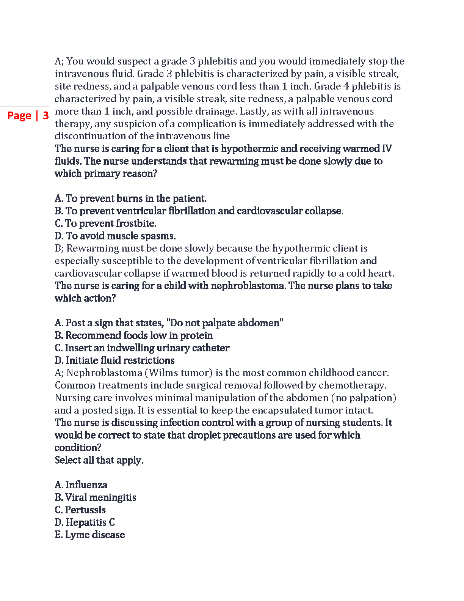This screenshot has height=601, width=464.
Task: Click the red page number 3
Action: (x=45, y=115)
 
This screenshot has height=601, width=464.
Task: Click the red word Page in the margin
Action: (x=19, y=115)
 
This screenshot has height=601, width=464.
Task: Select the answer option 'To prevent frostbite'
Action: (x=105, y=223)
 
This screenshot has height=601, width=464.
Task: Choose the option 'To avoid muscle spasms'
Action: (x=115, y=236)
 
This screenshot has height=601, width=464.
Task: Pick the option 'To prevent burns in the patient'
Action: (x=130, y=198)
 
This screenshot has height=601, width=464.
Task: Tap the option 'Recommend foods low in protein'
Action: (x=133, y=335)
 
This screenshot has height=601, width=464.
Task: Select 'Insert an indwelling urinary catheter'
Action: (x=142, y=348)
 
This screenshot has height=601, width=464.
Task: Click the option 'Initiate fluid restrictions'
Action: (x=114, y=360)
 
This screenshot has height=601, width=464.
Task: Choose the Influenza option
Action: (x=81, y=485)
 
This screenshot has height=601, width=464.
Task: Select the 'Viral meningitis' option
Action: (x=95, y=497)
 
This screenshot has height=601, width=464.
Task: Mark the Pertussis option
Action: (x=80, y=510)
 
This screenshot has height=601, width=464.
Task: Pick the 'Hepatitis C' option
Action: (x=85, y=522)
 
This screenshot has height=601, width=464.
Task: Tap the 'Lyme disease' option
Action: (x=89, y=535)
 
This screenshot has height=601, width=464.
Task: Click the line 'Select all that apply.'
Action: (x=99, y=460)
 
